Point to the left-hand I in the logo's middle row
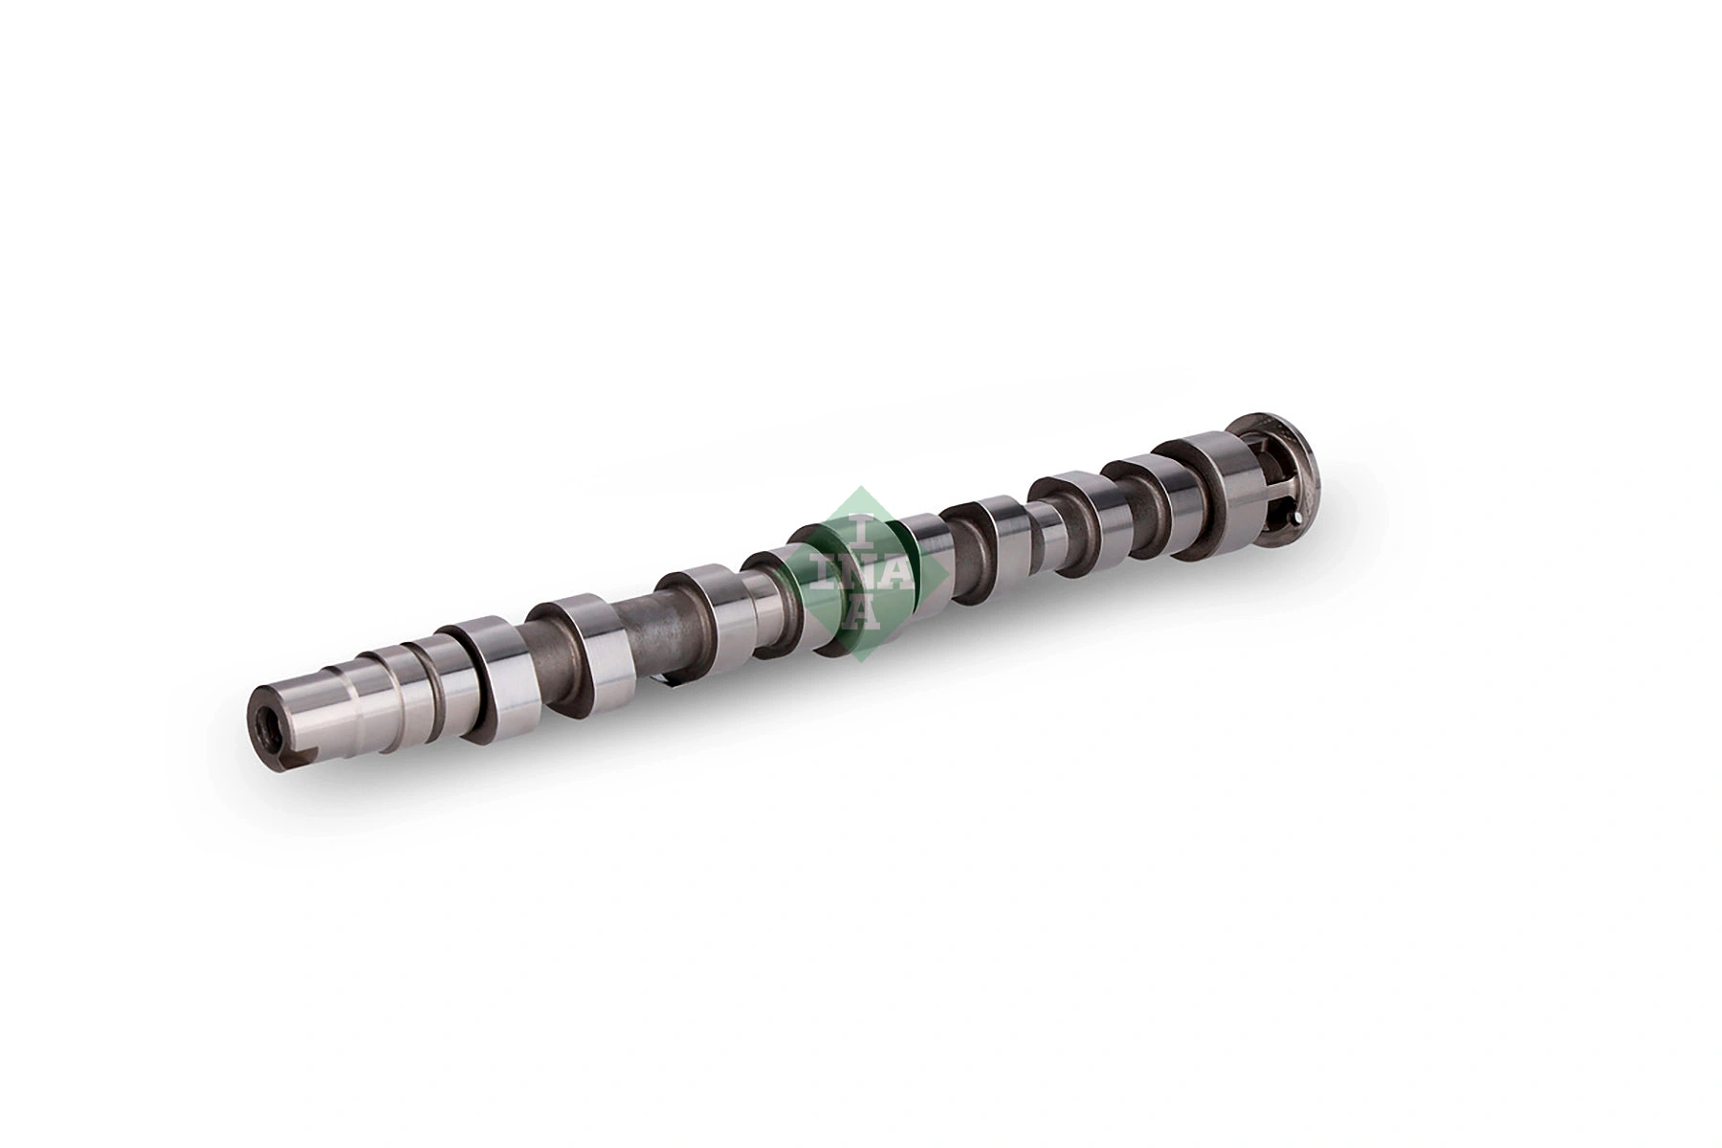pyautogui.click(x=822, y=573)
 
